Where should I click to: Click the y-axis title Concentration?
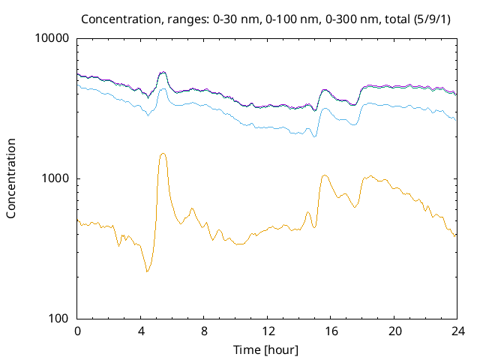pyautogui.click(x=11, y=178)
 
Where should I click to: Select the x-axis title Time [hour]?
pyautogui.click(x=266, y=349)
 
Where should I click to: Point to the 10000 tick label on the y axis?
pyautogui.click(x=52, y=39)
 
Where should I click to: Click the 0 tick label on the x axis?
pyautogui.click(x=77, y=331)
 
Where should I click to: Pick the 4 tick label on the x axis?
pyautogui.click(x=141, y=331)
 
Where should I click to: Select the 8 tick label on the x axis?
pyautogui.click(x=204, y=331)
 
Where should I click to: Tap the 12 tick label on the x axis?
pyautogui.click(x=267, y=331)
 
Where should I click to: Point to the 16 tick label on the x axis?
pyautogui.click(x=331, y=331)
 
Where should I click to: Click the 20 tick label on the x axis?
pyautogui.click(x=394, y=331)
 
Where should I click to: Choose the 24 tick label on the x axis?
pyautogui.click(x=457, y=331)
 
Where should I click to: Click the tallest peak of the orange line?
pyautogui.click(x=163, y=153)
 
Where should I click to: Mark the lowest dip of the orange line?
pyautogui.click(x=147, y=271)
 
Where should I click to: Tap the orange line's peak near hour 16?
pyautogui.click(x=324, y=175)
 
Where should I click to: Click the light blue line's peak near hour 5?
pyautogui.click(x=163, y=88)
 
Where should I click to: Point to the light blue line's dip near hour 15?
pyautogui.click(x=314, y=136)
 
